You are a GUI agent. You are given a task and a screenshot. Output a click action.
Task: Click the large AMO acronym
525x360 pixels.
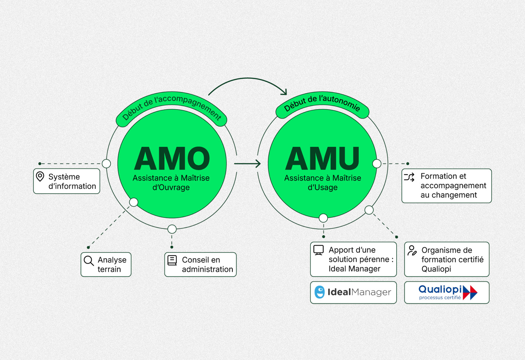(x=172, y=158)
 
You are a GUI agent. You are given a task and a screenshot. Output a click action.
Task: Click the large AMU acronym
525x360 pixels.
(x=322, y=158)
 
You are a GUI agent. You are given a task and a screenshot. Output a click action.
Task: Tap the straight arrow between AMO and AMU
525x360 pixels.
(x=247, y=164)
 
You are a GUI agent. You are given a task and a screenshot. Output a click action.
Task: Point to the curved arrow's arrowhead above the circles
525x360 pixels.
(x=284, y=92)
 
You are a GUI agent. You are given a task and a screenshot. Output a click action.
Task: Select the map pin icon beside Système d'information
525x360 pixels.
(x=40, y=176)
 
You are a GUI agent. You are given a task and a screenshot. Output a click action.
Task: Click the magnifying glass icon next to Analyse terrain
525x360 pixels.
(x=89, y=261)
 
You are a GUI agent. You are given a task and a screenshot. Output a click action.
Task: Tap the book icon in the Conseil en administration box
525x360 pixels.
(x=172, y=260)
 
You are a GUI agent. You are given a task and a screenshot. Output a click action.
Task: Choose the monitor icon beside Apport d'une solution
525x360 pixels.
(x=318, y=250)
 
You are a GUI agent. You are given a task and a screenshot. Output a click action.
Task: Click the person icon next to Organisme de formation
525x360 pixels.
(x=412, y=250)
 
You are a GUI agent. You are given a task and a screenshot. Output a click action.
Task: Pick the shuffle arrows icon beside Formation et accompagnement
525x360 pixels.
(x=409, y=177)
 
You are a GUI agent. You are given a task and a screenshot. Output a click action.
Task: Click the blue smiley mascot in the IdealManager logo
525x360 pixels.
(x=319, y=292)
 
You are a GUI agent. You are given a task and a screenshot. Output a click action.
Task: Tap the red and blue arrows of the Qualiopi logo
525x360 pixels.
(x=470, y=292)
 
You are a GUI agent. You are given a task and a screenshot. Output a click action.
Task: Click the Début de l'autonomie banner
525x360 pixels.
(x=322, y=104)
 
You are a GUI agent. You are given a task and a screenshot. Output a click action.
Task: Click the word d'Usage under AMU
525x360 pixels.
(x=323, y=187)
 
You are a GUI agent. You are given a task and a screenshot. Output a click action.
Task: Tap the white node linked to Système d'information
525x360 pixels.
(x=106, y=164)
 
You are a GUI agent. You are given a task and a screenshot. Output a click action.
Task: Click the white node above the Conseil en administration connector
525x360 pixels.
(x=172, y=229)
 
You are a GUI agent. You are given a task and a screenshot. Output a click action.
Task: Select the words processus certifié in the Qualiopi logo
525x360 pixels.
(x=440, y=298)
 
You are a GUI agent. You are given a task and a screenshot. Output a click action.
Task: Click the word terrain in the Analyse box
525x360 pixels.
(x=109, y=269)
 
